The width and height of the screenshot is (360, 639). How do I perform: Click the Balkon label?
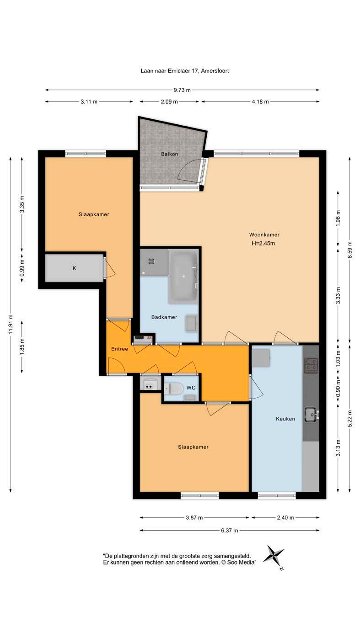click(x=170, y=154)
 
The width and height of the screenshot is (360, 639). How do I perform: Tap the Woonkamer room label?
click(x=264, y=235)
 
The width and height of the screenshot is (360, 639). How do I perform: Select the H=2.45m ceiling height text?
click(x=263, y=243)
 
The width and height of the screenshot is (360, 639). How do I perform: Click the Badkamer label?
click(x=164, y=317)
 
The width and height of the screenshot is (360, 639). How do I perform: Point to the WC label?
click(x=191, y=388)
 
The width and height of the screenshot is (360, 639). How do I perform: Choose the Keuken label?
click(x=285, y=419)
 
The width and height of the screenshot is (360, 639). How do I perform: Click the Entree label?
click(x=119, y=349)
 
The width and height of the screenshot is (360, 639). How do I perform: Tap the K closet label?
click(x=74, y=268)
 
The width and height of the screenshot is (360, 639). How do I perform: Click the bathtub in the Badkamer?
click(x=183, y=277)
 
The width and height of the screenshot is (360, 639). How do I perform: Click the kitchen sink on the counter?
click(x=311, y=415)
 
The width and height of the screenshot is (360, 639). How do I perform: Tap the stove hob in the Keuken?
click(x=311, y=365)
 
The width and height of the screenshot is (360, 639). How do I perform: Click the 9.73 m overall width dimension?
click(x=182, y=90)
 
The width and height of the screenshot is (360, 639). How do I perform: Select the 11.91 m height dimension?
click(x=11, y=324)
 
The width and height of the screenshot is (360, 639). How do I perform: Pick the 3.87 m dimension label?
click(x=194, y=517)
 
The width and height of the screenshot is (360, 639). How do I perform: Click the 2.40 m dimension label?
click(x=285, y=517)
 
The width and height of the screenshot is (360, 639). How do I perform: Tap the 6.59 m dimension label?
click(x=350, y=250)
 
